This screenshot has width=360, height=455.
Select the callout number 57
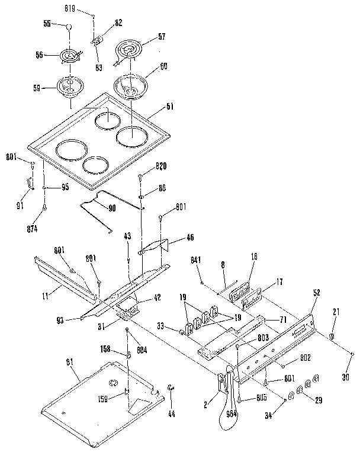point(161,37)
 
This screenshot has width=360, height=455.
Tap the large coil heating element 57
point(130,49)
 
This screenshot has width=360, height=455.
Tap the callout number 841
point(197,260)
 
